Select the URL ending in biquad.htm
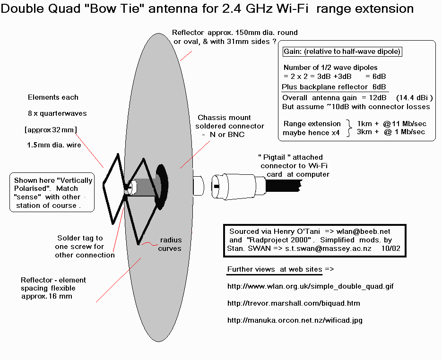pos(294,303)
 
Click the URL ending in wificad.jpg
pos(295,320)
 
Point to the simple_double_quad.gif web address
pos(311,286)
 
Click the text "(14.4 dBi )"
pos(415,98)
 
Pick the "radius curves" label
pos(170,244)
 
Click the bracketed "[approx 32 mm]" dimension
pos(50,129)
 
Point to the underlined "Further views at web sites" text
pos(275,269)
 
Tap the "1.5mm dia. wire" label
pos(54,145)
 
